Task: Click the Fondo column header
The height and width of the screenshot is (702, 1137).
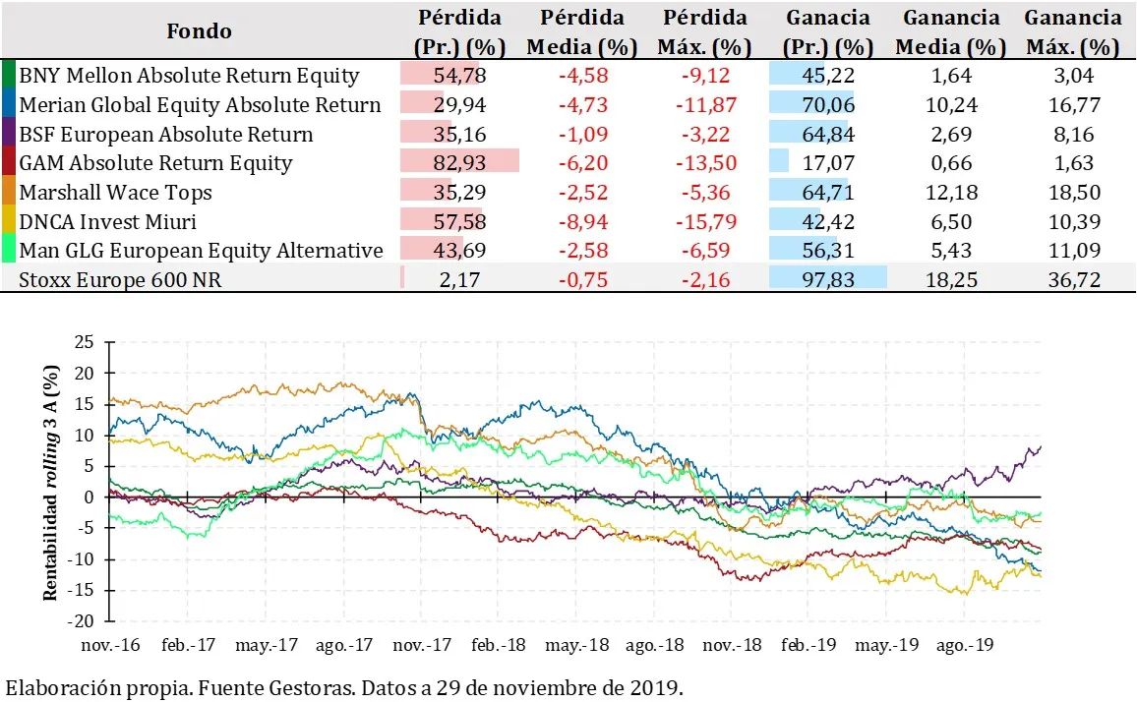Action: [199, 31]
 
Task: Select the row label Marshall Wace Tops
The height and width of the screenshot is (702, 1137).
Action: [116, 192]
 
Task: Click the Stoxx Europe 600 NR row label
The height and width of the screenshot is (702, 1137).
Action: [120, 280]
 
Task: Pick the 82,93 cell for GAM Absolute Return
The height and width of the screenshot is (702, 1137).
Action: [459, 163]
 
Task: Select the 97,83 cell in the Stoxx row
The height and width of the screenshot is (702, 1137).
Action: [828, 280]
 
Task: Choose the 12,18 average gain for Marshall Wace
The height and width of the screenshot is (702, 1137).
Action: [950, 192]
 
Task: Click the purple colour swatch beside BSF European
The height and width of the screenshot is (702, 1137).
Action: [9, 134]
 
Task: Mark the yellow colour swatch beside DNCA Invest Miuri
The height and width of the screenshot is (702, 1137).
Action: [9, 221]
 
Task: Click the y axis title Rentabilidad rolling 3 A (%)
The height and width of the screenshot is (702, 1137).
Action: [49, 482]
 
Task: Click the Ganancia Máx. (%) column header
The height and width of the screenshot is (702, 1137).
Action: [1072, 31]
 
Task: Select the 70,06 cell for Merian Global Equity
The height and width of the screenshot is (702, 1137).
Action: [828, 105]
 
